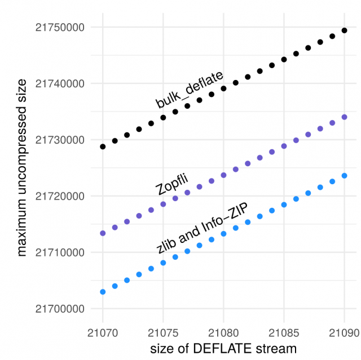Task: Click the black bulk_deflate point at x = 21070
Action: tap(103, 146)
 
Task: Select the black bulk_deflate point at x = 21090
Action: tap(344, 30)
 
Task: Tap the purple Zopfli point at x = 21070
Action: tap(103, 233)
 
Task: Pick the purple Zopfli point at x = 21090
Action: tap(344, 117)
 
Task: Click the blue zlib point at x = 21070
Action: tap(103, 292)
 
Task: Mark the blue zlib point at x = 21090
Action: tap(344, 176)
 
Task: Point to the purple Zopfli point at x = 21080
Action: tap(223, 175)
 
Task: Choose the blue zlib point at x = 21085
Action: tap(284, 205)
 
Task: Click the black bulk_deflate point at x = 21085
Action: tap(284, 59)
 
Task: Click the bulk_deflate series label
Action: tap(190, 90)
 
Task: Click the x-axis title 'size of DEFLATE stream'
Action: tap(223, 349)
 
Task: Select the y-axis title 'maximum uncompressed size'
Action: tap(21, 168)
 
